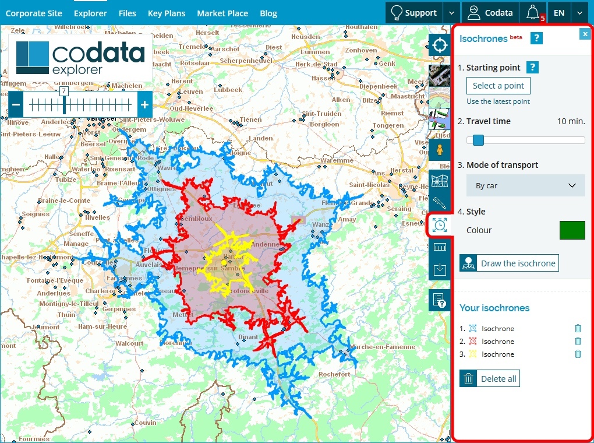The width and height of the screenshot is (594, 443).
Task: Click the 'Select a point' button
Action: tap(498, 86)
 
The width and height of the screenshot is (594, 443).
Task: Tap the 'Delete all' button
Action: tap(489, 379)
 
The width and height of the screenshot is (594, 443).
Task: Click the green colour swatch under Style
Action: tap(572, 230)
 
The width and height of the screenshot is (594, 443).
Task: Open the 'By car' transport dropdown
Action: tap(525, 185)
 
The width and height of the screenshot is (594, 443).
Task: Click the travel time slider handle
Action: tap(478, 140)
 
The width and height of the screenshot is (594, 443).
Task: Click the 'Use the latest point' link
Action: tap(498, 101)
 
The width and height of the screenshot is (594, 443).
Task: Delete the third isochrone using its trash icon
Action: tap(578, 354)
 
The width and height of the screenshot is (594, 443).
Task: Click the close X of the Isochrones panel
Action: tap(585, 34)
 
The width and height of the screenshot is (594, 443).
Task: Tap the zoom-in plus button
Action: tap(144, 106)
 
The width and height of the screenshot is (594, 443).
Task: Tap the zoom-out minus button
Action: tap(16, 106)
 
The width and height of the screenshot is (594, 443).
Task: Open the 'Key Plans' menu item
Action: tap(166, 13)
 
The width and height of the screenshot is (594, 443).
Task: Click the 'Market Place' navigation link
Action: tap(222, 13)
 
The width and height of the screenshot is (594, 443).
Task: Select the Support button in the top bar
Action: tap(414, 13)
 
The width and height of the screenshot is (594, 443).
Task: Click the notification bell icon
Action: tap(532, 12)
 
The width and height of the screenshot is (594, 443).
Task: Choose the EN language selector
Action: tap(558, 13)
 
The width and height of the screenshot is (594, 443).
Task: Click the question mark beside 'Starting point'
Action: tap(532, 68)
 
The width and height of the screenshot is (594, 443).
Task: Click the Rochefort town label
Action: tap(335, 374)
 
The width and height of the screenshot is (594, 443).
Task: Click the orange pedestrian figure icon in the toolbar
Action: tap(440, 149)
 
